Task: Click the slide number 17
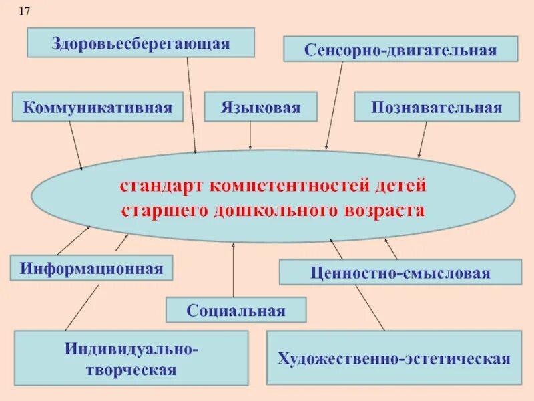[x=25, y=11]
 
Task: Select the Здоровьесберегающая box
[x=141, y=43]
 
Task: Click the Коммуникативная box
[x=97, y=107]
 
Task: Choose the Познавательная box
[x=437, y=107]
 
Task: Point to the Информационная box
[x=91, y=268]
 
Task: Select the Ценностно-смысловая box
[x=400, y=273]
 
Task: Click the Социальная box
[x=236, y=310]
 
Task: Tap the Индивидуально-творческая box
[x=131, y=358]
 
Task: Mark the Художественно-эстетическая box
[x=394, y=358]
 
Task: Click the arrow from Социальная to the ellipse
[x=234, y=271]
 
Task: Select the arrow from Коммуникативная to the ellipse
[x=75, y=146]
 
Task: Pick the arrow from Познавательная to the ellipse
[x=423, y=140]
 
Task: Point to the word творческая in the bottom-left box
[x=131, y=369]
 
